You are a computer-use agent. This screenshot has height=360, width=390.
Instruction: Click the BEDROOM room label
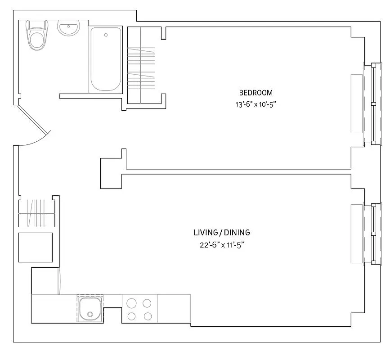click(x=256, y=93)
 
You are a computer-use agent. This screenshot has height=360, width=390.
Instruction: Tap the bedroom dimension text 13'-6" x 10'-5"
click(x=256, y=104)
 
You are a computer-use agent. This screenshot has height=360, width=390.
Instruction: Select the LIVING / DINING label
click(x=221, y=233)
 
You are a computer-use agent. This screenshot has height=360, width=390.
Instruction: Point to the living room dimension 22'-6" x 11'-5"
click(x=221, y=245)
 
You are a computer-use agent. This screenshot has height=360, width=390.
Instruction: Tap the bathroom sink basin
click(x=68, y=28)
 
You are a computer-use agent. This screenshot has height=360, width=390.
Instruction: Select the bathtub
click(x=106, y=59)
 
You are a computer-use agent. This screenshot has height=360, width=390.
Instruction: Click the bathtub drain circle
click(x=106, y=35)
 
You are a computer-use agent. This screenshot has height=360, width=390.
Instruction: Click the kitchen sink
click(x=90, y=308)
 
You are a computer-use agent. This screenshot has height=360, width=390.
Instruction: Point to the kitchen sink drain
click(x=90, y=314)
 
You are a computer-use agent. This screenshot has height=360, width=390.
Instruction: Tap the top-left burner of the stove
click(x=131, y=302)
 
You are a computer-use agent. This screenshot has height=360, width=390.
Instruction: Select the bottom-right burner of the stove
click(x=148, y=316)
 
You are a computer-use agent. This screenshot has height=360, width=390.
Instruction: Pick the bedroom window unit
click(x=373, y=104)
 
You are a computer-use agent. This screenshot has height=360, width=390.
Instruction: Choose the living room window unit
click(x=373, y=234)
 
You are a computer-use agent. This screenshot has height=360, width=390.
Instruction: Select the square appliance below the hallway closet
click(x=36, y=247)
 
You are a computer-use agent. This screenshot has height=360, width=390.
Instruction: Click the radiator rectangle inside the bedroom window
click(x=357, y=103)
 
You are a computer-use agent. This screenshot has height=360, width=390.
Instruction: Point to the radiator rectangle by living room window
click(x=357, y=234)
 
